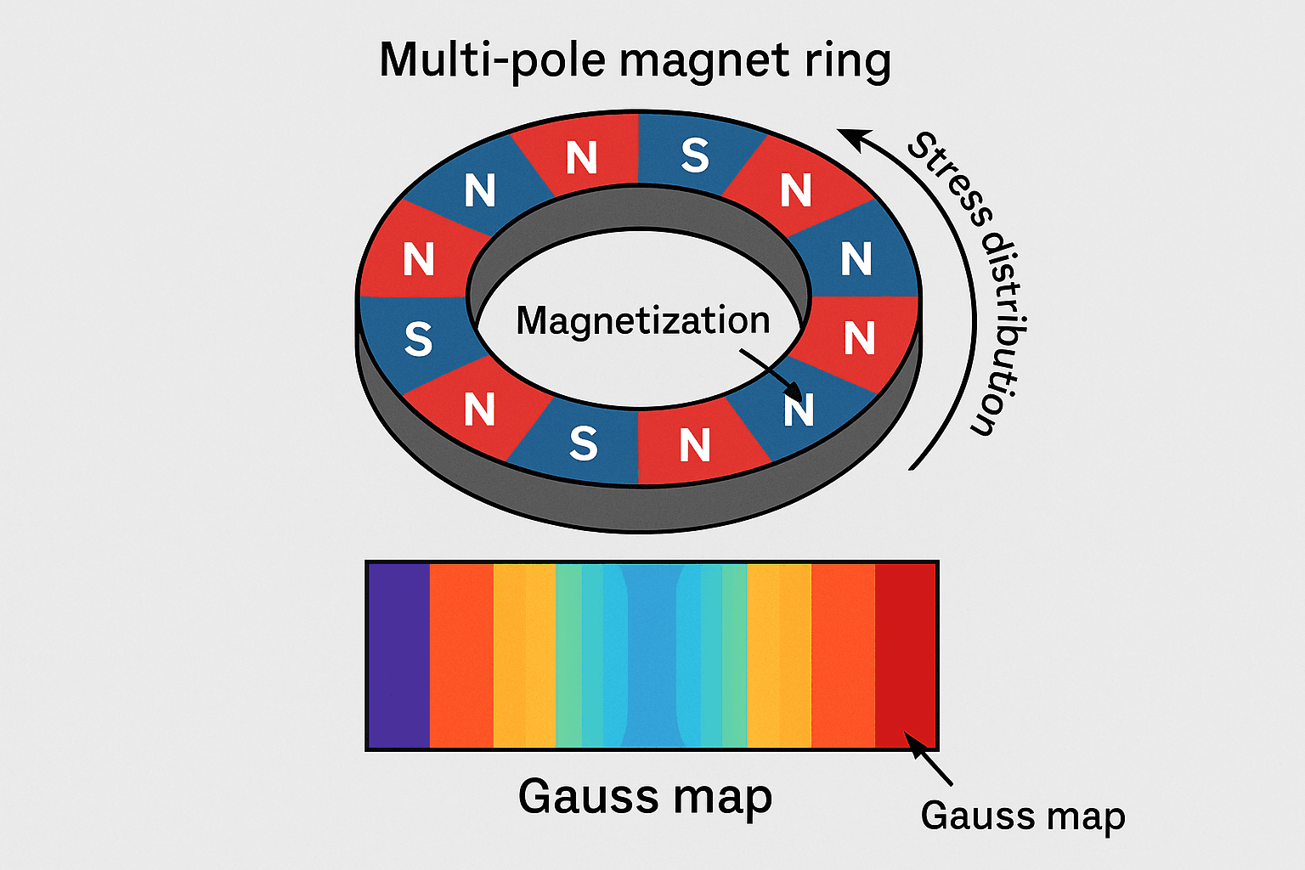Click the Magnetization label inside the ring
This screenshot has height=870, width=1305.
(643, 321)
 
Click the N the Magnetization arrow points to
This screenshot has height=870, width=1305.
(799, 410)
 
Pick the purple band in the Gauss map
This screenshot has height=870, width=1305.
(398, 655)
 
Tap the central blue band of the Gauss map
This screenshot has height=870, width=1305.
(652, 655)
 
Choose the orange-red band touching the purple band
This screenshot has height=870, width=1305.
(461, 655)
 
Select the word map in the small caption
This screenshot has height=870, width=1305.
(1086, 816)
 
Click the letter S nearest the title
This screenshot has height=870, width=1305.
(695, 155)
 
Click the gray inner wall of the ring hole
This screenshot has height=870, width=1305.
(637, 208)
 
